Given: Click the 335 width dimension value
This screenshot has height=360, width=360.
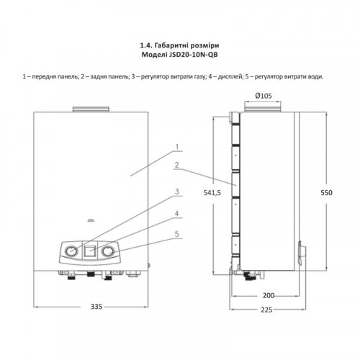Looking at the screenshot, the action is [96, 307].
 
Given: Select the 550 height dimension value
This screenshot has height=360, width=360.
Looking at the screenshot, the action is [326, 193].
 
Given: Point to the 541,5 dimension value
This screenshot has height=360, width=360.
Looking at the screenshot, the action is [212, 192].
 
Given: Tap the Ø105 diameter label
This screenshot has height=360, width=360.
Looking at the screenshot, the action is [264, 96].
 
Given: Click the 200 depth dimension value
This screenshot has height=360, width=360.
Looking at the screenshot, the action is [269, 295].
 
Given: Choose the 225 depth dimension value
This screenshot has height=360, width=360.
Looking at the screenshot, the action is [266, 310].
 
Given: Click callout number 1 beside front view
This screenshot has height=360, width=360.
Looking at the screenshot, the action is [177, 147].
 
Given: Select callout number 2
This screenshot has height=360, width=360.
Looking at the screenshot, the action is [177, 165].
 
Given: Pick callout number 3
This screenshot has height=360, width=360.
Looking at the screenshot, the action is [177, 192].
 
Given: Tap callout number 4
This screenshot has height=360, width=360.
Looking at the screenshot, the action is [177, 213].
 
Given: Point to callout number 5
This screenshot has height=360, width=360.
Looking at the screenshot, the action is [177, 234].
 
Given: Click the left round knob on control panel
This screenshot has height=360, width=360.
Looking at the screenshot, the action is [71, 251].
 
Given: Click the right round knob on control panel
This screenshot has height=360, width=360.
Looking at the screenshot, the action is [108, 251].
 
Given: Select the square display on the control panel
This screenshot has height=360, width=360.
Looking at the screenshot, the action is [90, 251].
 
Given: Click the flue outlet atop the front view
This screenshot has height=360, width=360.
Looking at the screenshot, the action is [91, 109].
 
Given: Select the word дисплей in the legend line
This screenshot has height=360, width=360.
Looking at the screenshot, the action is [229, 77].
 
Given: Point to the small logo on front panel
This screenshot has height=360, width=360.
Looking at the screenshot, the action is [91, 220].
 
